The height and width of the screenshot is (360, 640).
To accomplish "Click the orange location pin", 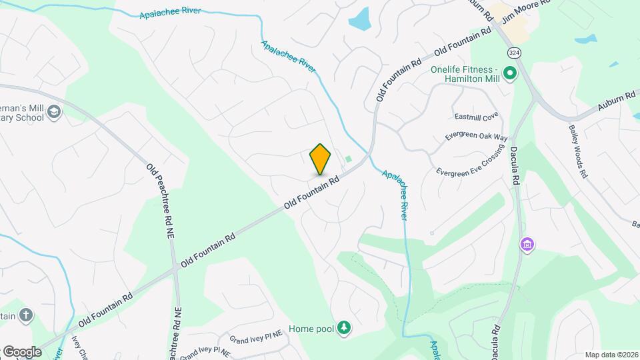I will tap(320, 159).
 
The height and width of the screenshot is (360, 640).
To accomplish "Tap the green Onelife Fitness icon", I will tap(510, 73).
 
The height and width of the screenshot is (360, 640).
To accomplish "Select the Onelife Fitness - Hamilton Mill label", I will tap(464, 74).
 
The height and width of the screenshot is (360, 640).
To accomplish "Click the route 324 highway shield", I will tap(513, 51).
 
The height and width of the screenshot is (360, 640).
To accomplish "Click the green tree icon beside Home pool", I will tap(344, 327).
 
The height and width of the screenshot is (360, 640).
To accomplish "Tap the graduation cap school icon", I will tap(53, 114).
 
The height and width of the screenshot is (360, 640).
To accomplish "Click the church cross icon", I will tap(26, 315).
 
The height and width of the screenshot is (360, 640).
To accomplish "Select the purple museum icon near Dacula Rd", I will tap(527, 245).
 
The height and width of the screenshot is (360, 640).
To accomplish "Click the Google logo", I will tap(22, 351).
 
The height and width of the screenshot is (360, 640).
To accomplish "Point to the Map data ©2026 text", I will tap(611, 354).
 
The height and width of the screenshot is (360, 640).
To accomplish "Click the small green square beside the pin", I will tap(348, 159).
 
